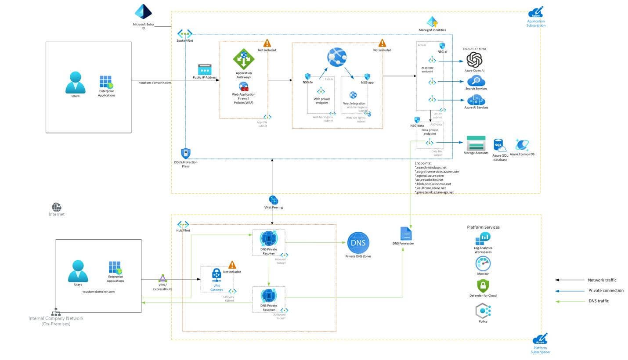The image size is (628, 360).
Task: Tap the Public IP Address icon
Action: pyautogui.click(x=205, y=69)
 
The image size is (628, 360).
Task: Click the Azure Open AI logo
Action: pyautogui.click(x=474, y=59)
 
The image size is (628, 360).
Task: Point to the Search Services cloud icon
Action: pyautogui.click(x=476, y=80)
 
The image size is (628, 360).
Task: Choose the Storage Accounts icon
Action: pyautogui.click(x=476, y=143)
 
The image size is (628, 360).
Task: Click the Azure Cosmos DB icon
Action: pyautogui.click(x=522, y=144)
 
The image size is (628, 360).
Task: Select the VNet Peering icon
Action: pyautogui.click(x=273, y=200)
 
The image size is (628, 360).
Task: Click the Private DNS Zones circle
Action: pyautogui.click(x=358, y=243)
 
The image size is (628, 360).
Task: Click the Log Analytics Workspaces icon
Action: pyautogui.click(x=483, y=238)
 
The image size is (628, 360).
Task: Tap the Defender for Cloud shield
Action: pyautogui.click(x=483, y=286)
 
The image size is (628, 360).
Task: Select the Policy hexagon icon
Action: pyautogui.click(x=483, y=311)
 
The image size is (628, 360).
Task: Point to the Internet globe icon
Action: pyautogui.click(x=57, y=207)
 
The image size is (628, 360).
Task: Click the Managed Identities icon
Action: pyautogui.click(x=432, y=22)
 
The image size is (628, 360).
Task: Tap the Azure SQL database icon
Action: pyautogui.click(x=500, y=146)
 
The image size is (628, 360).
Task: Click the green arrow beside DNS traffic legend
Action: pyautogui.click(x=570, y=301)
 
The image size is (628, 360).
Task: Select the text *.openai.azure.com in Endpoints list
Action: pyautogui.click(x=430, y=176)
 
